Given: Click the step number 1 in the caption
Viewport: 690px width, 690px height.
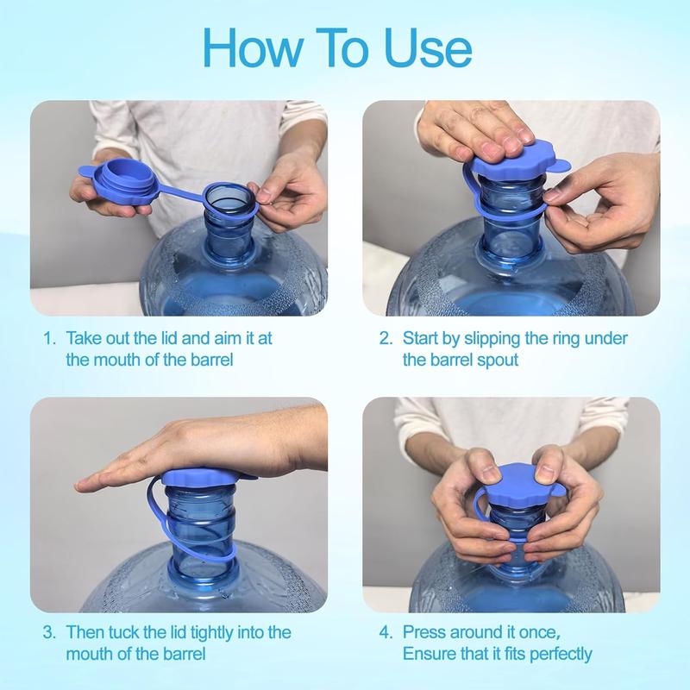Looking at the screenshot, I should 49,337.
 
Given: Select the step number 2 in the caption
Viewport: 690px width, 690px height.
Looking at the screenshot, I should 385,337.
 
